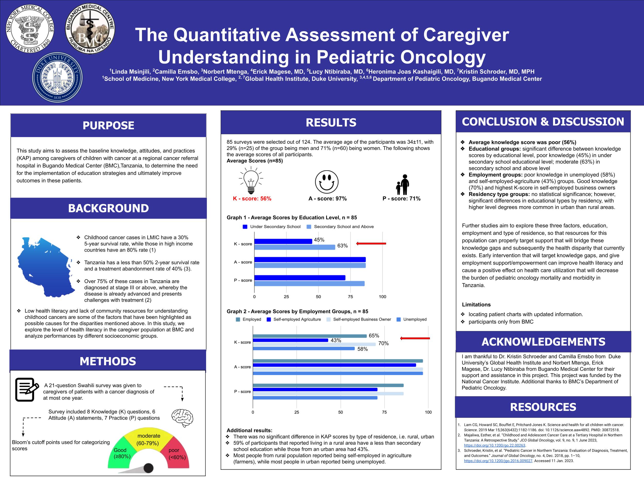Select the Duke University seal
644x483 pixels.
tap(57, 77)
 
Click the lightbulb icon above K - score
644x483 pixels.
tap(251, 181)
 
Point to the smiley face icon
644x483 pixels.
tap(327, 182)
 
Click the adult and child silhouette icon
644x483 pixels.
tap(403, 185)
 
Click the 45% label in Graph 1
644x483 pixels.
tap(319, 240)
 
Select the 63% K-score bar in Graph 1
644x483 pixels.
tap(295, 247)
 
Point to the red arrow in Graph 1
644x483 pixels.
tap(371, 243)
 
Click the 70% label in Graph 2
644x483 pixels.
tap(383, 344)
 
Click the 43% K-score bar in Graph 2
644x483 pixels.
tap(290, 340)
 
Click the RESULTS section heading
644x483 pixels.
tap(331, 123)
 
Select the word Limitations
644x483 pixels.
tap(476, 305)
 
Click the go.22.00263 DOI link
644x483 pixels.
tap(494, 445)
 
